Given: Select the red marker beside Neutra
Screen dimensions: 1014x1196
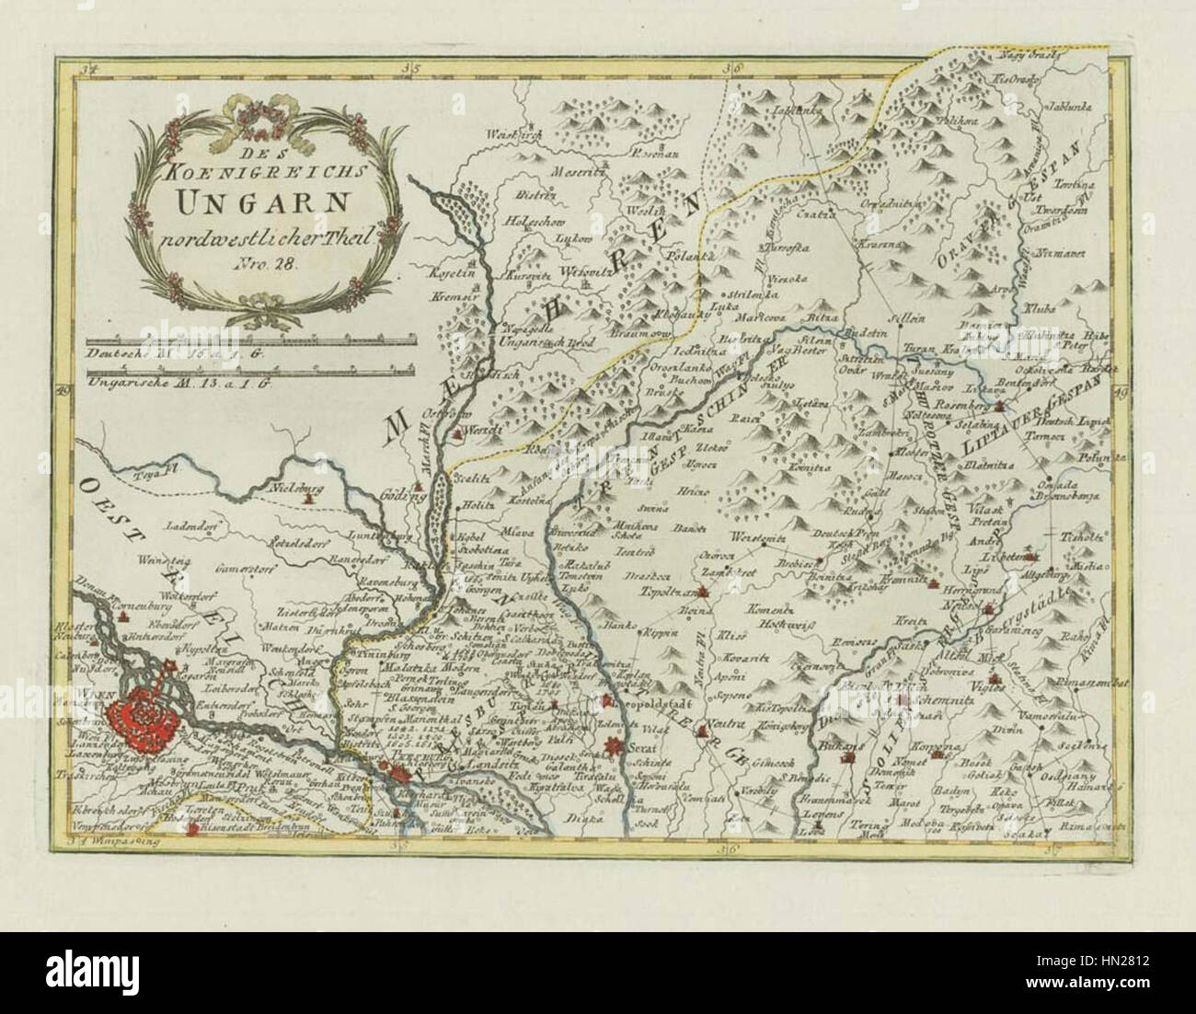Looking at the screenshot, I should tap(704, 733).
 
